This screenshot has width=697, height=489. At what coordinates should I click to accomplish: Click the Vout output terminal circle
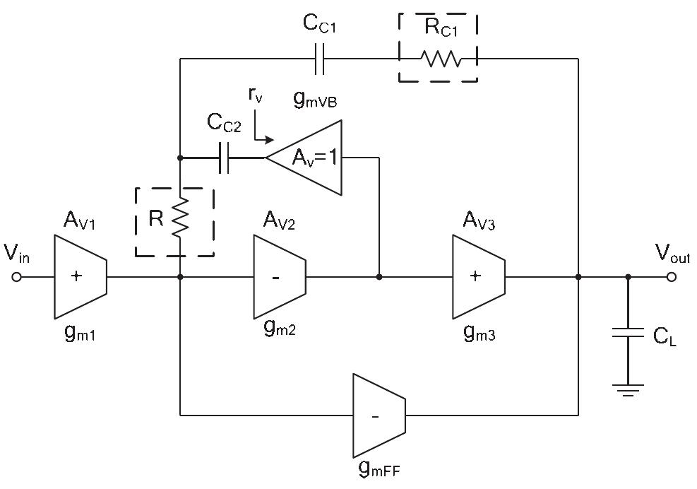coord(671,278)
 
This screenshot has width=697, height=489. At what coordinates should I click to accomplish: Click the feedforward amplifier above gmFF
coord(379,416)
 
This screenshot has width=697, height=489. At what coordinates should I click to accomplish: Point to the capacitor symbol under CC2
coord(225,157)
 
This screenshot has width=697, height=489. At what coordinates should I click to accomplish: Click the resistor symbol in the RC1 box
coord(441,59)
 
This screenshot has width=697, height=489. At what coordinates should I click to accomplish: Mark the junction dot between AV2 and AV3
coord(379,278)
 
